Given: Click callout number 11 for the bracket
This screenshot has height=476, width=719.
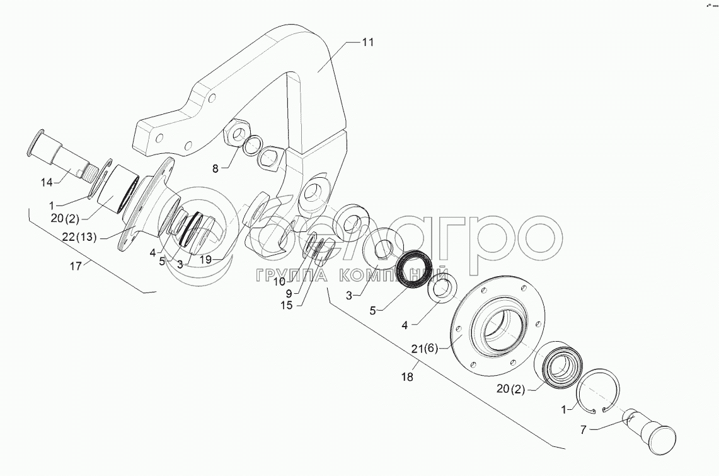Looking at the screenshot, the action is tap(368, 42).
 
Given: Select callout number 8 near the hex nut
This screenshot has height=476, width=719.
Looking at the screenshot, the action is tap(216, 168).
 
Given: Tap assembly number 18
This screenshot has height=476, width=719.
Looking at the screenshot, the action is tap(407, 377).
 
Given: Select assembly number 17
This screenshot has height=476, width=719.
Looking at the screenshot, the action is tap(75, 267).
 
